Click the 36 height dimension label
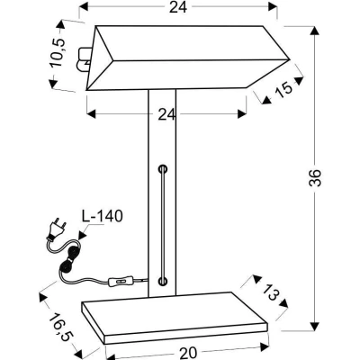(315, 178)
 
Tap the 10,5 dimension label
(58, 53)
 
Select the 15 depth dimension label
(283, 89)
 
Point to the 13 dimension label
(271, 291)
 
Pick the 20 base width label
(188, 353)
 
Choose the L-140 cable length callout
(103, 216)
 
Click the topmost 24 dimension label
(178, 7)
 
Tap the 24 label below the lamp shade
(166, 114)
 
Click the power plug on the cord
(57, 230)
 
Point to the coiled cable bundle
(69, 257)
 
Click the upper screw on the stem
(163, 169)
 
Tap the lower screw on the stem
(163, 281)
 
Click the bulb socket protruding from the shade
(85, 58)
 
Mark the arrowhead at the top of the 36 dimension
(314, 31)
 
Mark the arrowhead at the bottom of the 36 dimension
(314, 326)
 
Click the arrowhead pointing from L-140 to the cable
(82, 235)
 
